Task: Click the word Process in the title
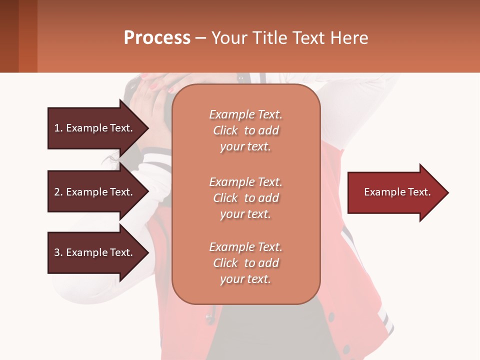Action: [157, 38]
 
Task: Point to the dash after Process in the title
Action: [200, 38]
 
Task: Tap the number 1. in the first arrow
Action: [58, 128]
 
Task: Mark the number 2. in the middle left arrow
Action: [58, 192]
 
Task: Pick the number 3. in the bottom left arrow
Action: [58, 252]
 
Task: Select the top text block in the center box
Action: [245, 130]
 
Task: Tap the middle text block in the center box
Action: [245, 198]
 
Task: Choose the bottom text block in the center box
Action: [245, 263]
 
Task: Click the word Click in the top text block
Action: [225, 130]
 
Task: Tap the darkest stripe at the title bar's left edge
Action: [9, 36]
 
